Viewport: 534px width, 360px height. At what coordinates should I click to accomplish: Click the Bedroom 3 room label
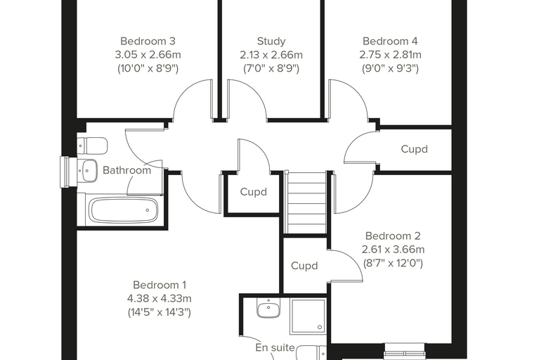tap(148, 41)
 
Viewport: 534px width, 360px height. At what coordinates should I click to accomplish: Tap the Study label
tap(271, 41)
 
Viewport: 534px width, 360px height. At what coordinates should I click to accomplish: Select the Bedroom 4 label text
tap(390, 41)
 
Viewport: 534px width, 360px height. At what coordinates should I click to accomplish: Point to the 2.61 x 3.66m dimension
tap(393, 250)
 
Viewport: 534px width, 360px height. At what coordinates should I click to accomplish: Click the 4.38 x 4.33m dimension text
tap(159, 299)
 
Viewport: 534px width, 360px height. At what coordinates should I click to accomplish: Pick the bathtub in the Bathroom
tap(123, 210)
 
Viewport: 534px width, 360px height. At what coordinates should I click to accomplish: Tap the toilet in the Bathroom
tap(92, 146)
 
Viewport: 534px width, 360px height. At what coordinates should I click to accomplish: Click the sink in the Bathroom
tap(88, 170)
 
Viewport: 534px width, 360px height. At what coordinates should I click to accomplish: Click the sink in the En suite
tap(268, 308)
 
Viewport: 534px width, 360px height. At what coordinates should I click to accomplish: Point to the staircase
tap(307, 202)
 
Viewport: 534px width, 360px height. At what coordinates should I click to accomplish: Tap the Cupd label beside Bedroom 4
tap(414, 149)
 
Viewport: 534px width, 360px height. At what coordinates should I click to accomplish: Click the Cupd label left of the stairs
tap(254, 192)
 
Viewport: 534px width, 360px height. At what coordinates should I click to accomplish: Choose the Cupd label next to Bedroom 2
tap(304, 266)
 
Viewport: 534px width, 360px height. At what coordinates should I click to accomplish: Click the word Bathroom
tap(126, 170)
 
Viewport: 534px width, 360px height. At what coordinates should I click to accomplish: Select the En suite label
tap(275, 348)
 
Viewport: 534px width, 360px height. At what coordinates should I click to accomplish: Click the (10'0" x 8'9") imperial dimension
tap(148, 69)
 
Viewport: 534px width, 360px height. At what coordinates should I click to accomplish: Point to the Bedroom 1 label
tap(159, 285)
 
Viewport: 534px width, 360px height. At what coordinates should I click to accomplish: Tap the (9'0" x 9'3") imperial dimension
tap(390, 69)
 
